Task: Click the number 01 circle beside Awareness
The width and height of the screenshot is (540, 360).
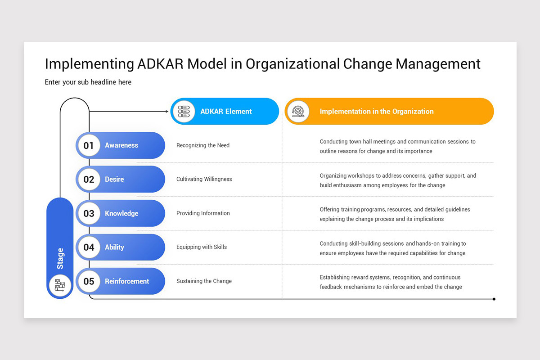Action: point(89,145)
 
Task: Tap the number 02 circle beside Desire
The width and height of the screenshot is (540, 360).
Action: point(89,179)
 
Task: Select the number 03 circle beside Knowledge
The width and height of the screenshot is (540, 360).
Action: point(89,213)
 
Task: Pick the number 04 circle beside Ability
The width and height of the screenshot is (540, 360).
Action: point(89,247)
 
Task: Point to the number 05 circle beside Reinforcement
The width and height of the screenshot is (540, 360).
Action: point(89,281)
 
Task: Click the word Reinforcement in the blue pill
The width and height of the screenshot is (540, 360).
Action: point(127,281)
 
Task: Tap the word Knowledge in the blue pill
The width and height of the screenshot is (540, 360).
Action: point(121,213)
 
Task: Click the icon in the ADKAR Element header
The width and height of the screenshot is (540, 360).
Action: point(184,112)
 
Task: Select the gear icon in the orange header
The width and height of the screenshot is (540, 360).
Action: point(298,111)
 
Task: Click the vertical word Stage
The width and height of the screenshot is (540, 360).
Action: point(60,259)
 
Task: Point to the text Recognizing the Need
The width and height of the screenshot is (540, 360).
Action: point(203,145)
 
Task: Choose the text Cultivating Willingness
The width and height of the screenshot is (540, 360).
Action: point(204,179)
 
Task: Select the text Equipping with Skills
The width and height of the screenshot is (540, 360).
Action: point(202,247)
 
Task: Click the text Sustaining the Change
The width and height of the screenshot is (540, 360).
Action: point(204,281)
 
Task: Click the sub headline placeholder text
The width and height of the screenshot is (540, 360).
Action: point(88,82)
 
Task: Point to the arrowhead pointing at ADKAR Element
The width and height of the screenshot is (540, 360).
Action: point(167,111)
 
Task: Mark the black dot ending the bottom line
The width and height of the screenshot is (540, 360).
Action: point(494,299)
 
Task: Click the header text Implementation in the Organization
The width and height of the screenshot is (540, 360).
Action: point(377,112)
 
